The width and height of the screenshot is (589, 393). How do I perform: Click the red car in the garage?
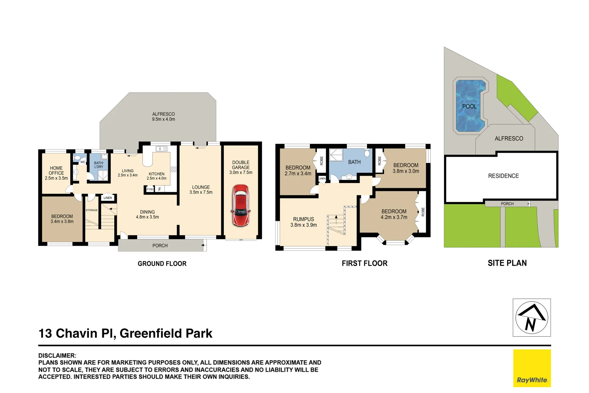pos(240,206)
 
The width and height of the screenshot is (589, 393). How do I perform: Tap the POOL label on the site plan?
pos(469,107)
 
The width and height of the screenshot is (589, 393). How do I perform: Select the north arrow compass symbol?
pos(531,317)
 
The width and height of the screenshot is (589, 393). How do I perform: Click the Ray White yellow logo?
pos(532,368)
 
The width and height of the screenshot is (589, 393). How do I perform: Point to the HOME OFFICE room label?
pos(56,173)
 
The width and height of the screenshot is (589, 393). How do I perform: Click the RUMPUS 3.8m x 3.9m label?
pos(303,222)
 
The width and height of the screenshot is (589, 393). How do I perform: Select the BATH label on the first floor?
pos(354,162)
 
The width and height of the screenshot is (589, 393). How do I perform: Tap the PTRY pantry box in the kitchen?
pos(150,189)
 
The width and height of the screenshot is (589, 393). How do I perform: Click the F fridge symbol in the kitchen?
pos(159,189)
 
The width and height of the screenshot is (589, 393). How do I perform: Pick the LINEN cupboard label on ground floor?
pos(108,198)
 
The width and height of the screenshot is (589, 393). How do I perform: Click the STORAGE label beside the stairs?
pos(91,210)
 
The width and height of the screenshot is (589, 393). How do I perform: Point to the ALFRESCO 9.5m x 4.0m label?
pos(163,116)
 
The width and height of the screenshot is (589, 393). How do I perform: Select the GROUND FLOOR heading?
pos(162,263)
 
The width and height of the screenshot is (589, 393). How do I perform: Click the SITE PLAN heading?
pos(507,263)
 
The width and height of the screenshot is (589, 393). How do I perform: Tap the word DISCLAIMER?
pos(57,356)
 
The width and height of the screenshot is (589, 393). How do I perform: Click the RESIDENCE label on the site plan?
pos(503,176)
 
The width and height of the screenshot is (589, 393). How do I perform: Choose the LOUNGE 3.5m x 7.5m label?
pos(201,190)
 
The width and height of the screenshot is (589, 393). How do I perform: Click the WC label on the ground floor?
pos(83,162)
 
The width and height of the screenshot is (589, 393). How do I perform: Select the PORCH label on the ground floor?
pos(160,246)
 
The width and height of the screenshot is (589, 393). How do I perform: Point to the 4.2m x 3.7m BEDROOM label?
pos(394,214)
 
